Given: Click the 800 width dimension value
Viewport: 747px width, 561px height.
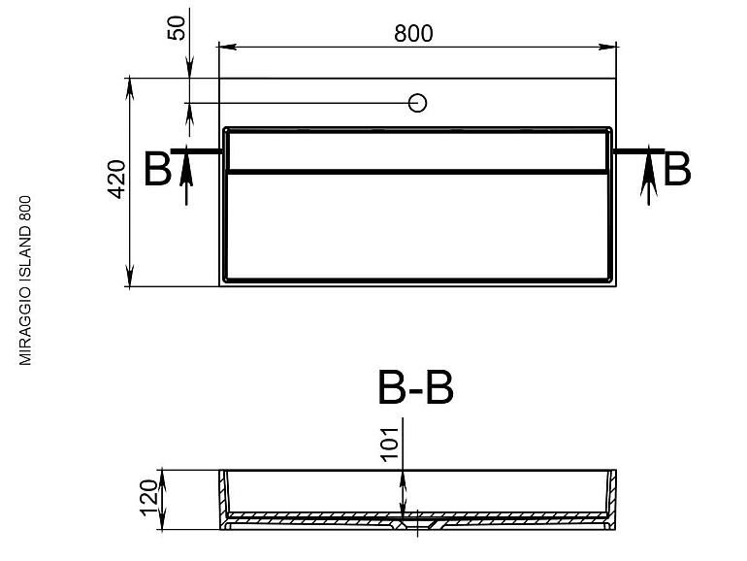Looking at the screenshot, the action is pyautogui.click(x=413, y=33).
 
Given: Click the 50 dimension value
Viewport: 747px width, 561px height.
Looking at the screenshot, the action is pyautogui.click(x=177, y=28).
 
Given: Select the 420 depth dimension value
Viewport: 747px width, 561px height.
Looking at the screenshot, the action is pyautogui.click(x=116, y=180).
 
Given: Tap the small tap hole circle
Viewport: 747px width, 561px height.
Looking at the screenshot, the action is pyautogui.click(x=417, y=103).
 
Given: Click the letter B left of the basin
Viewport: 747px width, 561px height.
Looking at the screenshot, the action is pyautogui.click(x=157, y=169).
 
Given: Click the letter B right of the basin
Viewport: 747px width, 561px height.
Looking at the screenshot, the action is pyautogui.click(x=676, y=169).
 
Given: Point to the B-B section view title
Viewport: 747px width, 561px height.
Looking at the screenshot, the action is pyautogui.click(x=415, y=387).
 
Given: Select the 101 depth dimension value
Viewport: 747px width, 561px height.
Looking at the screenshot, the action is pyautogui.click(x=390, y=444).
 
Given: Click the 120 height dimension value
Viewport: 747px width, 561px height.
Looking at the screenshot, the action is pyautogui.click(x=148, y=498).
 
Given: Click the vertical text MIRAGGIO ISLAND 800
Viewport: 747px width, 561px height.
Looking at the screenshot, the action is pyautogui.click(x=25, y=280).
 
